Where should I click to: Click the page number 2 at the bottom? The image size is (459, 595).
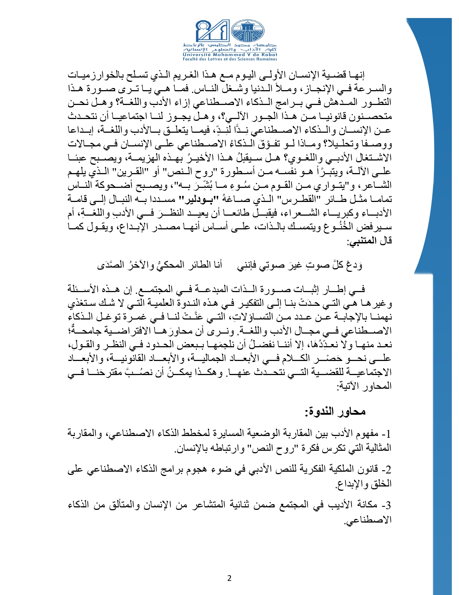(x=229, y=578)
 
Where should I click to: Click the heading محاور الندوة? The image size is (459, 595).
(x=335, y=411)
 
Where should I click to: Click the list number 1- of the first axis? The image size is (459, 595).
(x=386, y=433)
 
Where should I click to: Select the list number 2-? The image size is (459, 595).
(x=386, y=470)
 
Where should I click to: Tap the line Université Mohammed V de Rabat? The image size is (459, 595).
(x=230, y=55)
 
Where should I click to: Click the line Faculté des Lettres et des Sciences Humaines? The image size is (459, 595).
(x=230, y=59)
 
